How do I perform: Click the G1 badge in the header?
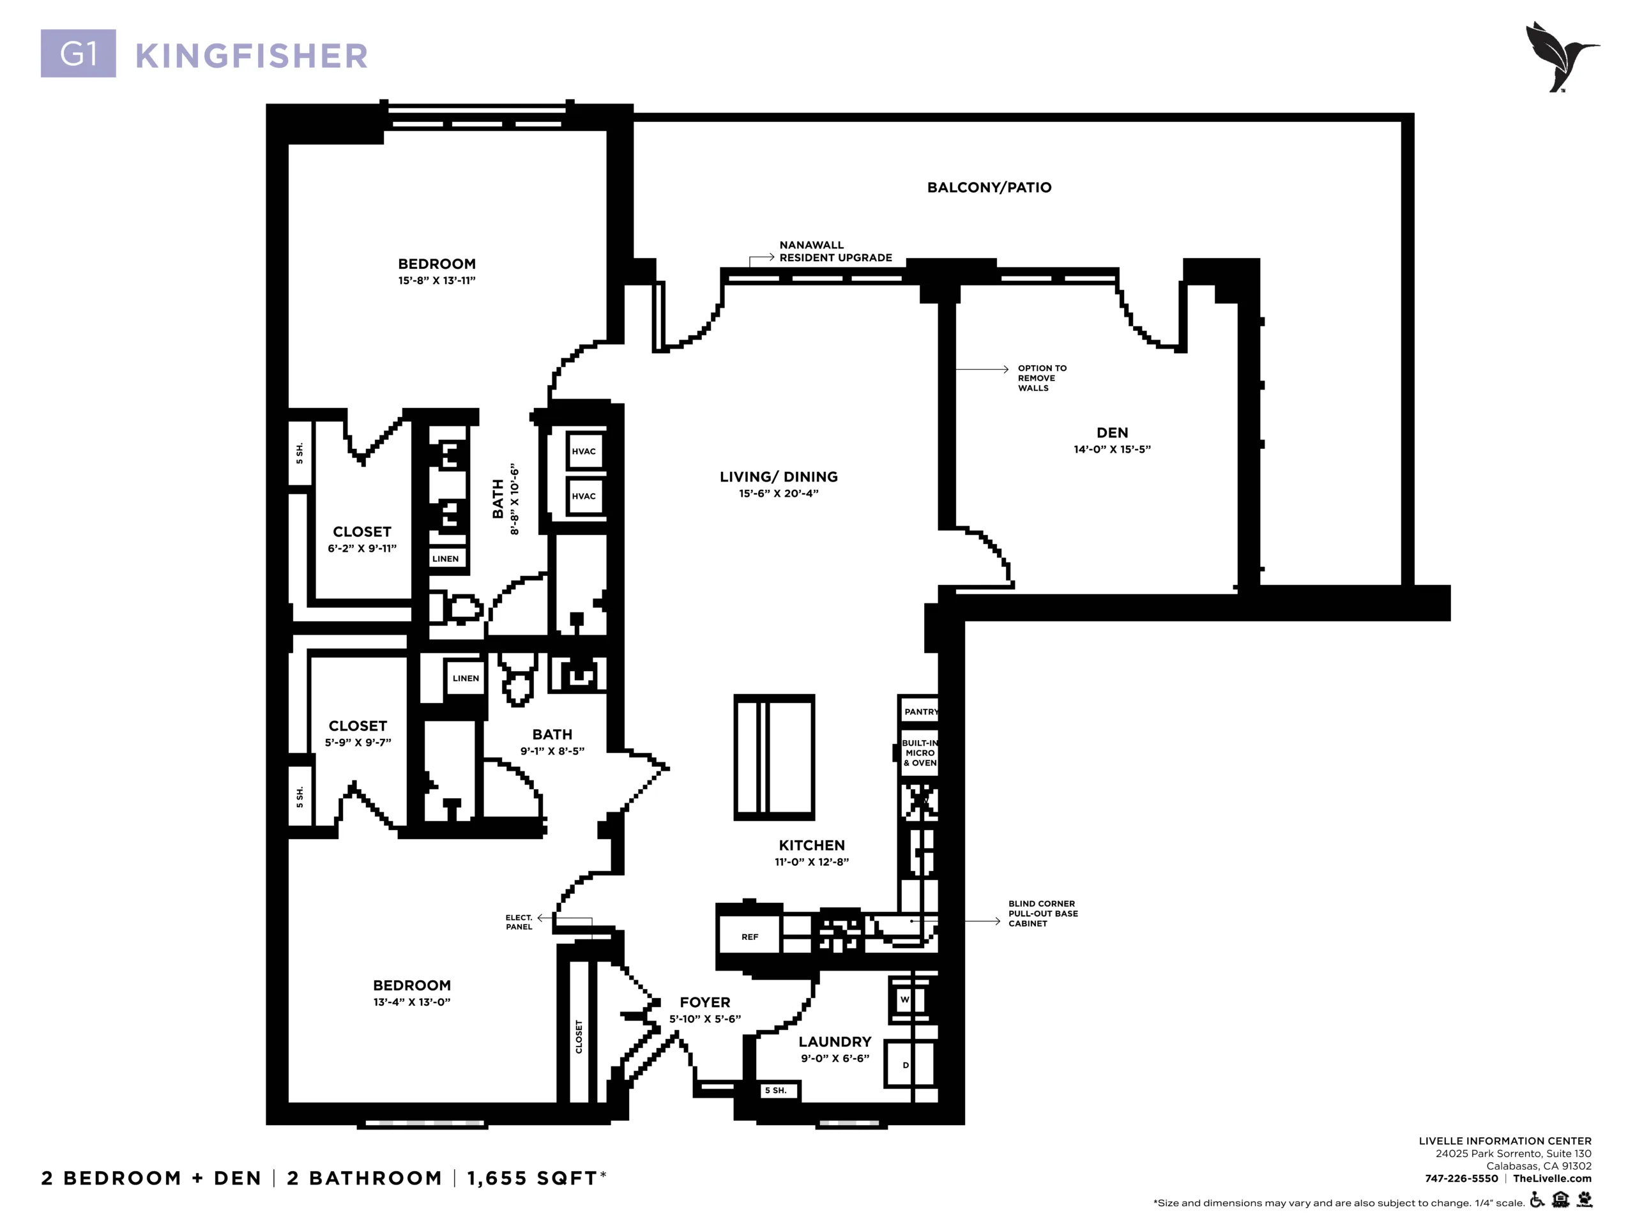pos(79,53)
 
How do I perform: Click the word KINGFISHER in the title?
pos(251,56)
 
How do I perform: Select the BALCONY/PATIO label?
pos(989,188)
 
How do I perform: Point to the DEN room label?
pos(1112,433)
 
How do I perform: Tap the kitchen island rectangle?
pos(774,757)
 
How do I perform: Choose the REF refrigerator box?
pos(750,936)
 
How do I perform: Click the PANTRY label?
pos(920,712)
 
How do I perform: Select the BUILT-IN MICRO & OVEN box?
pos(920,753)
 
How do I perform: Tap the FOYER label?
pos(705,1003)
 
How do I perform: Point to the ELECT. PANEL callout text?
pos(519,922)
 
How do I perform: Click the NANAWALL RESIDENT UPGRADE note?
pos(835,251)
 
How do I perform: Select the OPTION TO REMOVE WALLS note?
pos(1042,377)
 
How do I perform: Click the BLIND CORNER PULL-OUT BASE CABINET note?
pos(1043,913)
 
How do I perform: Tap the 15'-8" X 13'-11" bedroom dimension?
pos(437,281)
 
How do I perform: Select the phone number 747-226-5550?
pos(1461,1179)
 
